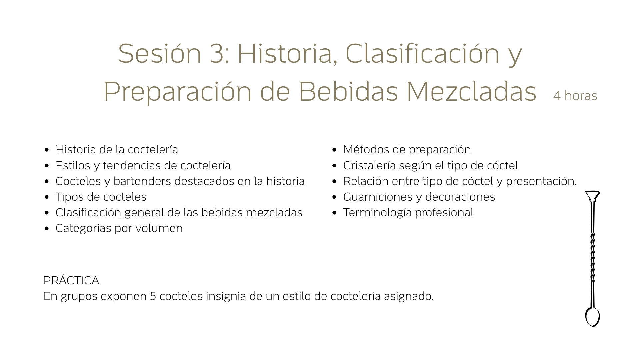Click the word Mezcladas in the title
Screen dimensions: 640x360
click(471, 91)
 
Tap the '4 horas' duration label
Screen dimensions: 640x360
click(575, 96)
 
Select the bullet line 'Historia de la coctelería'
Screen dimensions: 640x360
click(117, 149)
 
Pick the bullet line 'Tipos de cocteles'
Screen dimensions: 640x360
click(101, 197)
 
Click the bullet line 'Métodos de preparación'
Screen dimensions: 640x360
click(407, 149)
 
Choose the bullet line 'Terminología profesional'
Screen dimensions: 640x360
click(408, 212)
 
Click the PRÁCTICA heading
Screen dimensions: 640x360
click(71, 280)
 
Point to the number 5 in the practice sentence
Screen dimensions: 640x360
click(153, 296)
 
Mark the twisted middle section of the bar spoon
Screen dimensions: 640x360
click(593, 257)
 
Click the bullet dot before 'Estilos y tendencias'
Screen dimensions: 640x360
click(47, 166)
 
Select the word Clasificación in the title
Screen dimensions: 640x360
click(422, 54)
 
